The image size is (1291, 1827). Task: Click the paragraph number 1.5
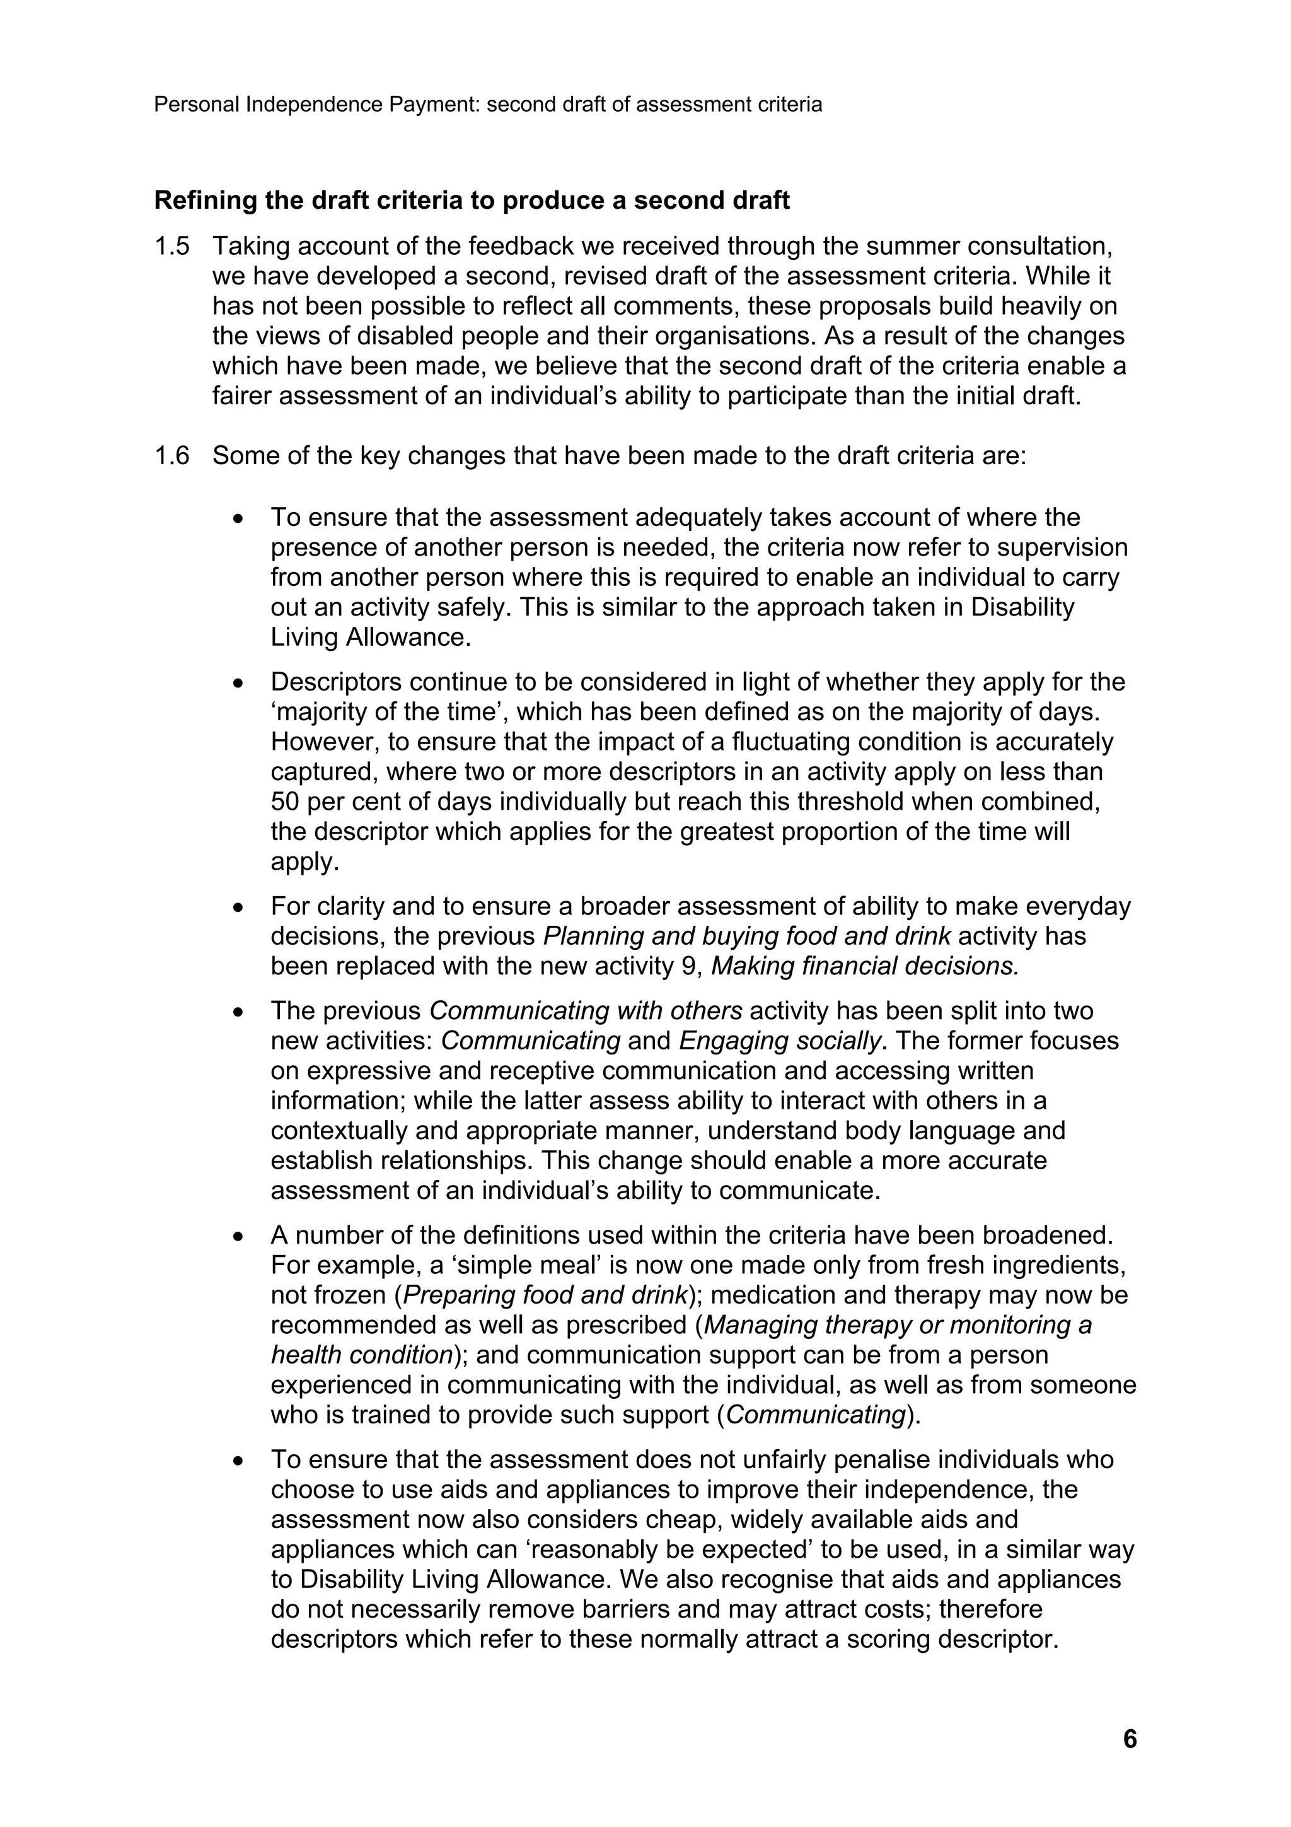pyautogui.click(x=172, y=247)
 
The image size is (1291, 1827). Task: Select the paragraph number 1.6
pyautogui.click(x=172, y=456)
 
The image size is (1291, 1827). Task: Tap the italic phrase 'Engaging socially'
pyautogui.click(x=780, y=1041)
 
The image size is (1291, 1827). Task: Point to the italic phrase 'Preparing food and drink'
pyautogui.click(x=545, y=1295)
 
